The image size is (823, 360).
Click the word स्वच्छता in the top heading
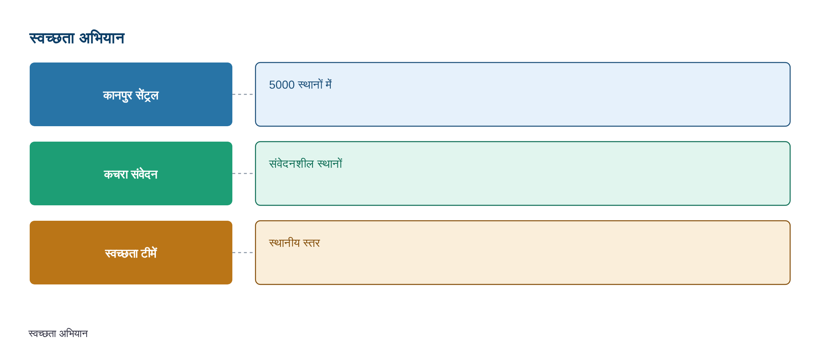52,38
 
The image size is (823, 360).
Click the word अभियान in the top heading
102,38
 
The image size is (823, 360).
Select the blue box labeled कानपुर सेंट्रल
131,94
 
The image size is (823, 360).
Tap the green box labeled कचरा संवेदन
131,173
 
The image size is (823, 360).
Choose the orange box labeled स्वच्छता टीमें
131,252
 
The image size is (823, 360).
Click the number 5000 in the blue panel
282,85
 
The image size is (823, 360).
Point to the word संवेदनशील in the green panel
291,163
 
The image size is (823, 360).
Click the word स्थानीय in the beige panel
284,243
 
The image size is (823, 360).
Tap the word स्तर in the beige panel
311,243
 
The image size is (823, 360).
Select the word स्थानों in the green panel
330,163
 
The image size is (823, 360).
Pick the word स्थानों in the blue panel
310,84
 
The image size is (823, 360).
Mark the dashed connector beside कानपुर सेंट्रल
243,94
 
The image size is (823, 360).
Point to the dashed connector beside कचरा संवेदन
243,173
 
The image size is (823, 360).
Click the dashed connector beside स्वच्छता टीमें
243,252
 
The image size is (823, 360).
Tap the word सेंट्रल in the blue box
147,95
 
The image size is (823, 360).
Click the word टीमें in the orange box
149,253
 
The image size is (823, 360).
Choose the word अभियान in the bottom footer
73,333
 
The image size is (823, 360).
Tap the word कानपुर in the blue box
118,95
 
